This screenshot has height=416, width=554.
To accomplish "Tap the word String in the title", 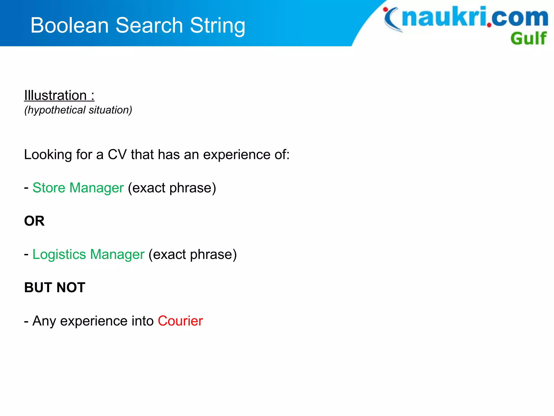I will (x=217, y=26).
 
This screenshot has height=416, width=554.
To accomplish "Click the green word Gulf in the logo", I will (x=528, y=38).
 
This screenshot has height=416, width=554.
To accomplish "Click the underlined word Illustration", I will (x=55, y=95).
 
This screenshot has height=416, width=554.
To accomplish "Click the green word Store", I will (x=49, y=188).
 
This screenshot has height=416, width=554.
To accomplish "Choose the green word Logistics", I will (x=59, y=255).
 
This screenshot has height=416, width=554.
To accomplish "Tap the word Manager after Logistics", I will (x=117, y=255).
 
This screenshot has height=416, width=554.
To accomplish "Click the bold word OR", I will (x=34, y=221).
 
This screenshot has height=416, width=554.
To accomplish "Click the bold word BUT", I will (x=38, y=287).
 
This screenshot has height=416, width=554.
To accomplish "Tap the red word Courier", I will (x=180, y=321).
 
